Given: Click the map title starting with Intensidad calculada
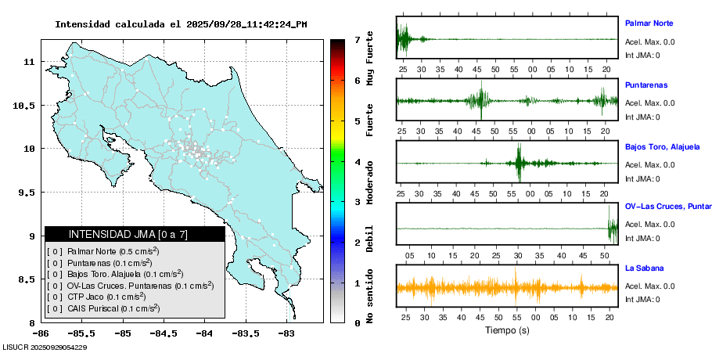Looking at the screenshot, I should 181,24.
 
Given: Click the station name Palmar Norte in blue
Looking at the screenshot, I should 649,23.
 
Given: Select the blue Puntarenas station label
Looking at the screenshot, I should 646,85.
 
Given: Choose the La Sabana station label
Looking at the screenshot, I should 644,268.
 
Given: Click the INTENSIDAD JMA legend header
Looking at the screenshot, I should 128,234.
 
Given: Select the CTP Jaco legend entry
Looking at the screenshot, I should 98,297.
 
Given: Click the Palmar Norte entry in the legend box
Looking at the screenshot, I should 103,250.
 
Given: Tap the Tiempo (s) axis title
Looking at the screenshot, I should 506,330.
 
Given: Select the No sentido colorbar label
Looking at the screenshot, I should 371,296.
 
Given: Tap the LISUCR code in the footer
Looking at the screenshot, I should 45,347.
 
